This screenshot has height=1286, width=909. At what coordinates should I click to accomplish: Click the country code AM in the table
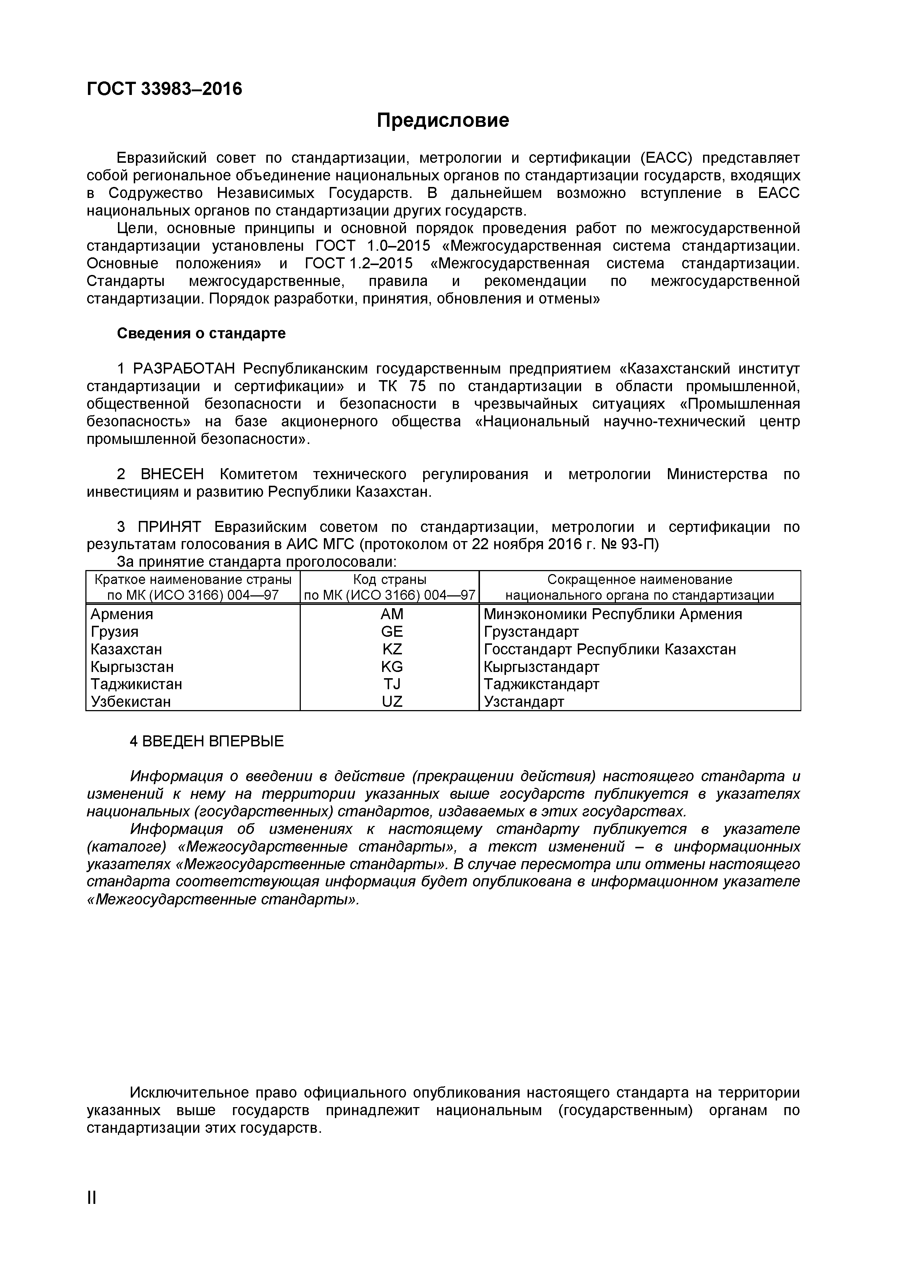pos(392,614)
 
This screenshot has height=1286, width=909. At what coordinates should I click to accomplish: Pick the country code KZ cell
pos(392,649)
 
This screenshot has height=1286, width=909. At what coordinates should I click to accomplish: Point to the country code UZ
pos(392,701)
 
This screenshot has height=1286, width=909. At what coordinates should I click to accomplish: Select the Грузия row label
pos(114,632)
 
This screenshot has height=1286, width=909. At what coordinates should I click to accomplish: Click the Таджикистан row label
pos(136,684)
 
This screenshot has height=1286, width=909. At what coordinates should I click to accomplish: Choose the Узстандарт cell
pos(524,701)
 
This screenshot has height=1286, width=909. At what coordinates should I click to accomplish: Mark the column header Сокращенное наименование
pos(639,580)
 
